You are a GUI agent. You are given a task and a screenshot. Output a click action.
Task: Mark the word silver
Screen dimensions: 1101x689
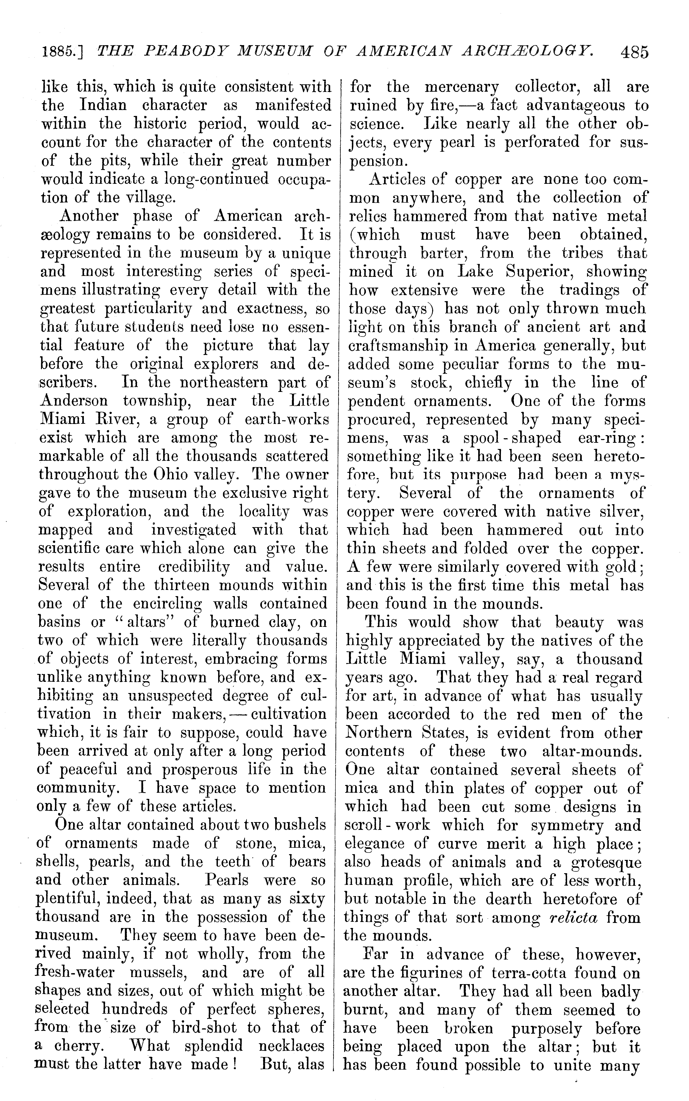coord(622,512)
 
